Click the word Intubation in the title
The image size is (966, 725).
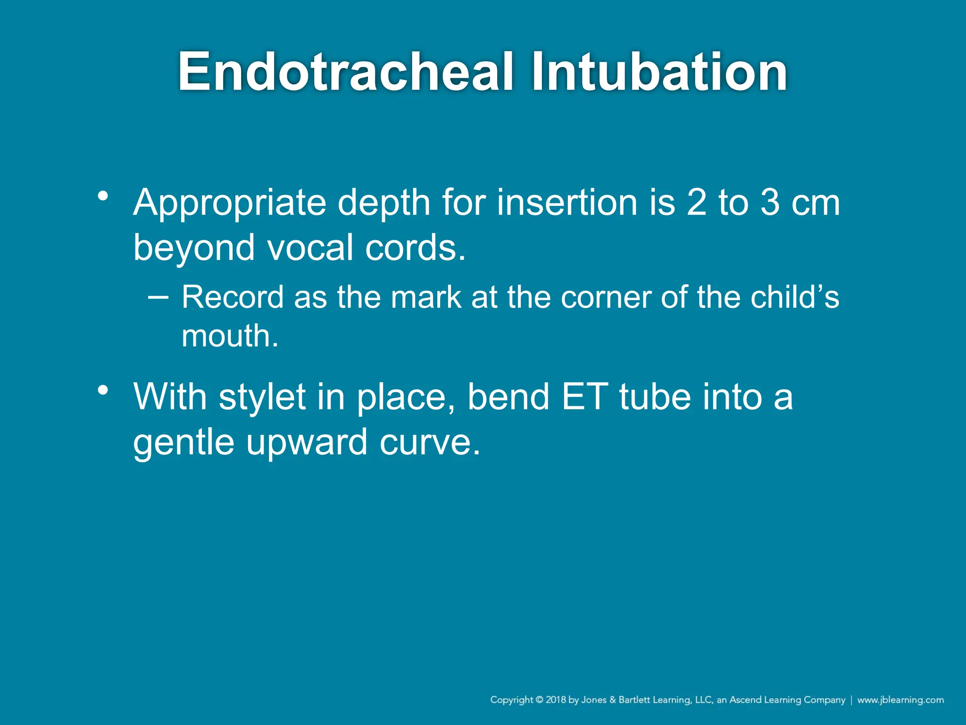[659, 72]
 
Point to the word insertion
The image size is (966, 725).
[567, 202]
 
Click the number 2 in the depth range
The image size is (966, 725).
[697, 202]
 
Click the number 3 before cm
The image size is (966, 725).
[770, 202]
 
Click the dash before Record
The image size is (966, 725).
[158, 297]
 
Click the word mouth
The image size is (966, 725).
[230, 336]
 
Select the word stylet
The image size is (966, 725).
[262, 397]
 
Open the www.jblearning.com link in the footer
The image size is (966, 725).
[900, 700]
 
